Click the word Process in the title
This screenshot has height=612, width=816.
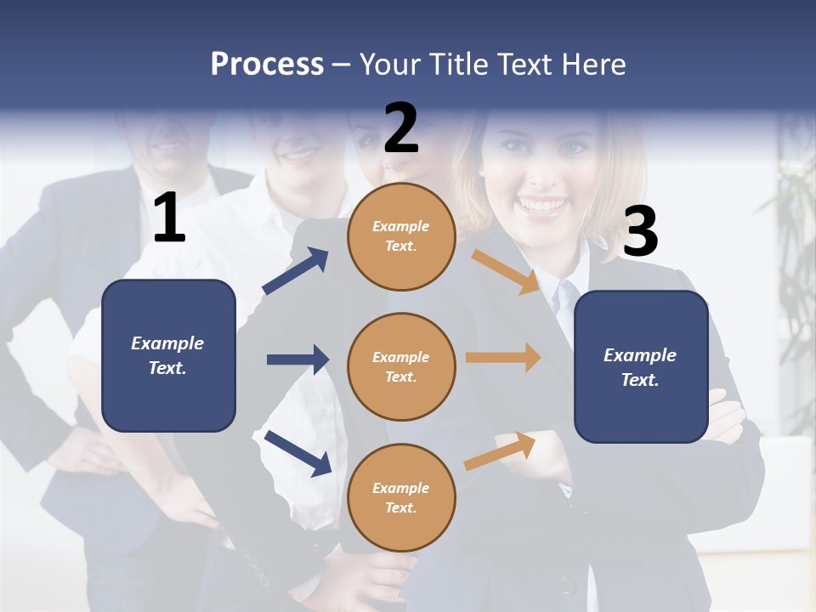(x=267, y=65)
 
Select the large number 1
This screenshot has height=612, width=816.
(x=169, y=219)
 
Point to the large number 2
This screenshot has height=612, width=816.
(x=401, y=129)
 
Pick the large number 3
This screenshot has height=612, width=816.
(x=640, y=232)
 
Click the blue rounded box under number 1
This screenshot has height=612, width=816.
(x=168, y=355)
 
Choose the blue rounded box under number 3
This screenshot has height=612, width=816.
(x=641, y=367)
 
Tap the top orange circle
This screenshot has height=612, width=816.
(x=401, y=236)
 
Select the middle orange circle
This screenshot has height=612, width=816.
(x=401, y=367)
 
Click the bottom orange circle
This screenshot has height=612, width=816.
(x=401, y=498)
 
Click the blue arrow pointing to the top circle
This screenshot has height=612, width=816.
(x=295, y=271)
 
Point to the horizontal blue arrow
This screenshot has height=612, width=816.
(x=297, y=360)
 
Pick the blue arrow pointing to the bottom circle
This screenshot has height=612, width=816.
(x=297, y=452)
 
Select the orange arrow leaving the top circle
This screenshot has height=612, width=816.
(x=506, y=271)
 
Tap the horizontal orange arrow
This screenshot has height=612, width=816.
(x=503, y=358)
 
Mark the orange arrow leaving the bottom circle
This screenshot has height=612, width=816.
(x=500, y=450)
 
